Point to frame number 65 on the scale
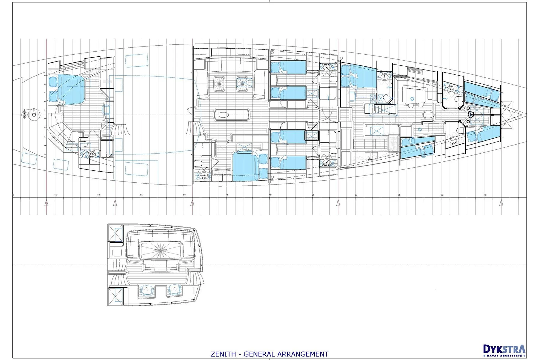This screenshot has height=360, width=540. tap(55, 195)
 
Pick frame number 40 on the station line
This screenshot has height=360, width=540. tap(270, 195)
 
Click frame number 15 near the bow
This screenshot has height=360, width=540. tap(485, 195)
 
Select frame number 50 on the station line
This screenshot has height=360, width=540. tap(184, 195)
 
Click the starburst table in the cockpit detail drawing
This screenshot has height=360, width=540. tap(159, 249)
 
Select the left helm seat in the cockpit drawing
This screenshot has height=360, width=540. tap(146, 291)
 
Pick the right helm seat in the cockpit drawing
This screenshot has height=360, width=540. tap(174, 291)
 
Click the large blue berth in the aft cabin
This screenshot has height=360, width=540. tap(73, 89)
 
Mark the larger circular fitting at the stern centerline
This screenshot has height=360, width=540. tap(34, 114)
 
